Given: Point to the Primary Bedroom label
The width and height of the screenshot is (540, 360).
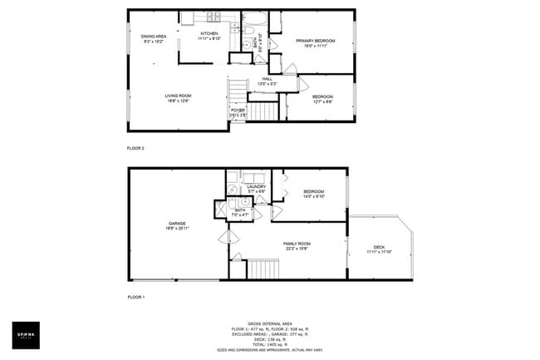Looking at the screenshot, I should coord(315,42).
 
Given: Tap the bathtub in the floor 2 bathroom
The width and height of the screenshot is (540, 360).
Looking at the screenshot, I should coord(253,18).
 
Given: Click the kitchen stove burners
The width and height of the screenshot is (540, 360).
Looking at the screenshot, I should coord(212,17).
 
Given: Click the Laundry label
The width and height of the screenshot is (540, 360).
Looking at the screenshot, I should coord(244,189).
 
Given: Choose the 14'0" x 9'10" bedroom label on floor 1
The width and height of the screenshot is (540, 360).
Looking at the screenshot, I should coord(312,194).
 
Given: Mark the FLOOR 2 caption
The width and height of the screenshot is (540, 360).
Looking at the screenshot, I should coord(135,148).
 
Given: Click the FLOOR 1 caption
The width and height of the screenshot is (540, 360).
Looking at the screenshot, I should coord(135,297).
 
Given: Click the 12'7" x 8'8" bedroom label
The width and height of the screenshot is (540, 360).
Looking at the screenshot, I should coord(322,100).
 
